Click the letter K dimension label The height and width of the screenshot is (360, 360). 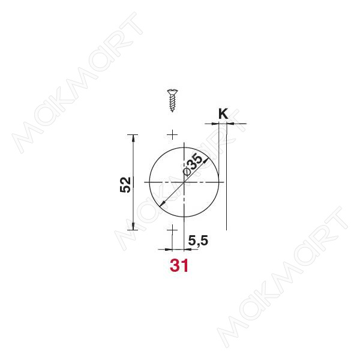tap(223, 113)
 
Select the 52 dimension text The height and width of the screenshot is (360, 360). tap(125, 184)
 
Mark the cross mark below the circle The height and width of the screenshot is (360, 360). tap(172, 229)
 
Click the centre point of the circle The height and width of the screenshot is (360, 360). tap(185, 181)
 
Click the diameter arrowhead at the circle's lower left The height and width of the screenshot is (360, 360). tap(162, 205)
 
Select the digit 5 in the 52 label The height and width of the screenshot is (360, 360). tap(125, 188)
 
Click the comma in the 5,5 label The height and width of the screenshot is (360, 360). tap(197, 244)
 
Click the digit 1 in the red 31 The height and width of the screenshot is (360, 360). tap(185, 265)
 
